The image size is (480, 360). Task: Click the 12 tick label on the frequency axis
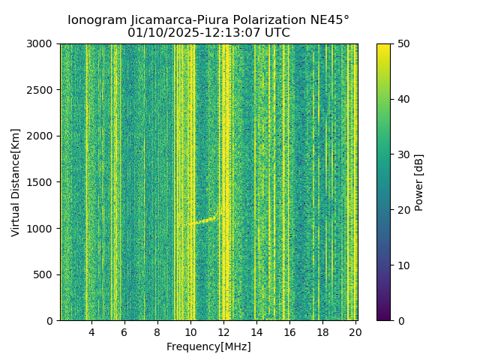click(x=223, y=332)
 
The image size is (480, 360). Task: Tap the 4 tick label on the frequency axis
click(x=91, y=332)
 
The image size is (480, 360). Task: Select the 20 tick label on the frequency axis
click(x=355, y=332)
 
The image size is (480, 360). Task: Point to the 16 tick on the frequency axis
click(x=289, y=321)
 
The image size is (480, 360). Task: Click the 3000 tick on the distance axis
click(x=60, y=43)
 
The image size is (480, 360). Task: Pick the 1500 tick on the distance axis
click(x=60, y=182)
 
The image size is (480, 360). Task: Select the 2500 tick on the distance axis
click(x=60, y=90)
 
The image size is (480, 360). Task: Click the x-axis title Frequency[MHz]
click(x=208, y=346)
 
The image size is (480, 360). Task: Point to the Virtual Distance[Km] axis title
click(x=16, y=182)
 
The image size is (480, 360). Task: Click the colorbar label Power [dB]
click(x=419, y=182)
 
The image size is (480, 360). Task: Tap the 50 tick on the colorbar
click(x=391, y=43)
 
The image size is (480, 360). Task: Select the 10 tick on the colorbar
click(x=391, y=265)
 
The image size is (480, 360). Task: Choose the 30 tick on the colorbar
click(x=391, y=154)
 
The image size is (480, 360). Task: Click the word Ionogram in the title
click(x=97, y=20)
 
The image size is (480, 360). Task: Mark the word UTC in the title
click(x=276, y=33)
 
